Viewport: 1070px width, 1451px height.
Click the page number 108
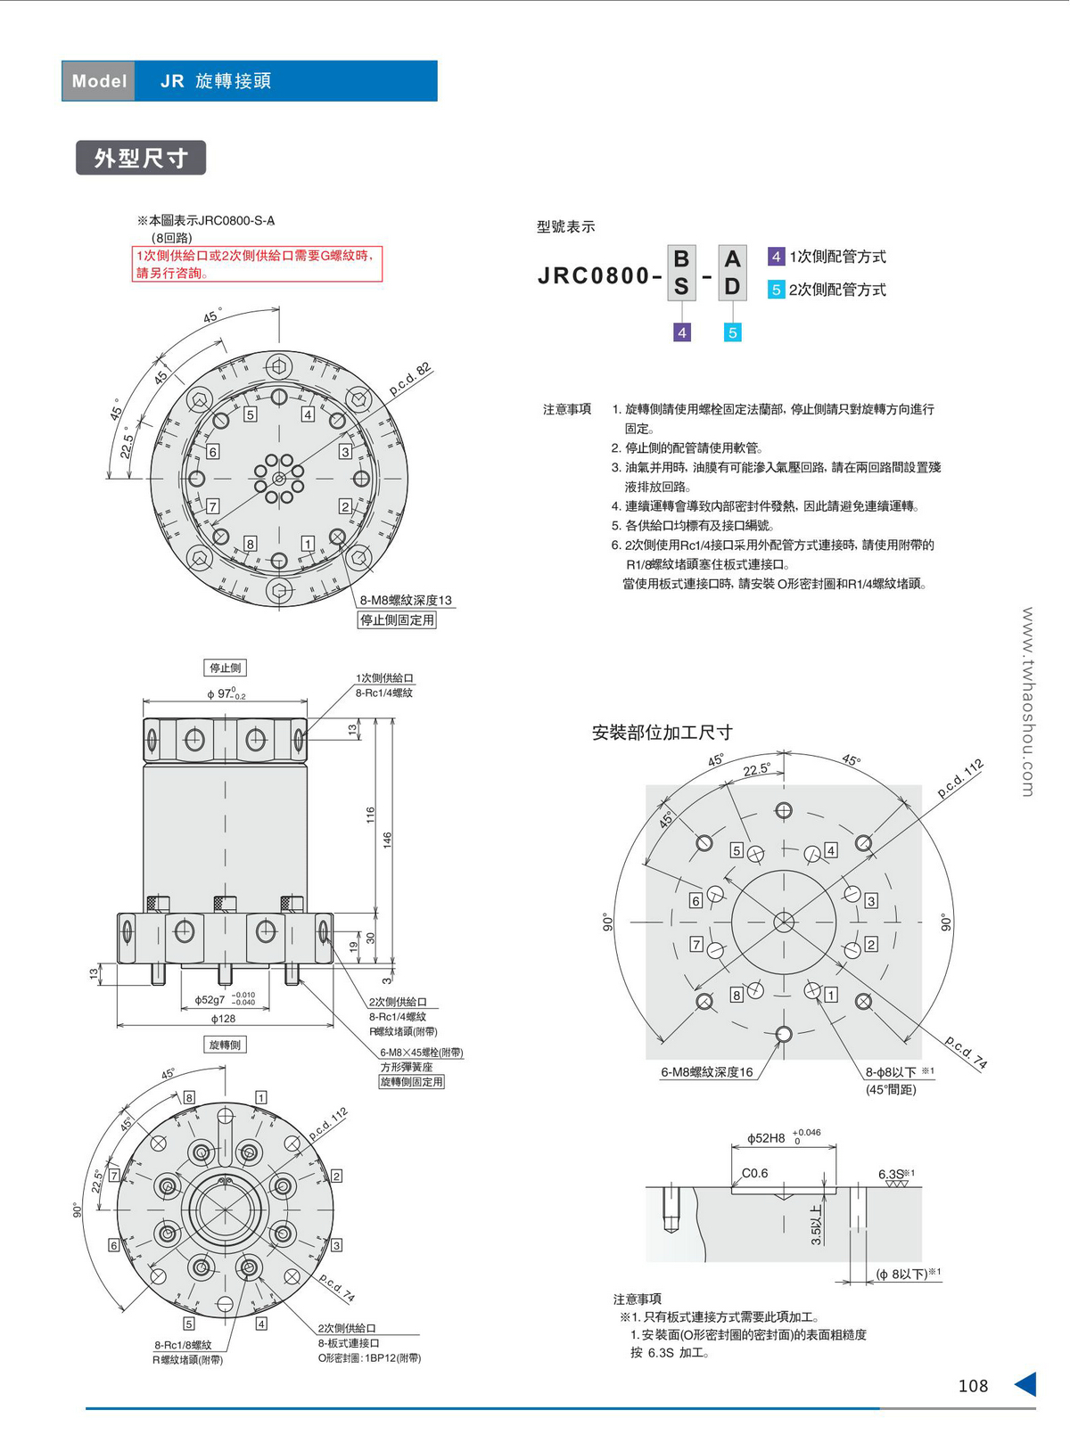(x=973, y=1386)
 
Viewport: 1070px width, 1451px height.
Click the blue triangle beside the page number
(x=1026, y=1384)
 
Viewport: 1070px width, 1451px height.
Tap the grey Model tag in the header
(x=98, y=81)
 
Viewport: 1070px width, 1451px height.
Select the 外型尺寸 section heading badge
(x=141, y=158)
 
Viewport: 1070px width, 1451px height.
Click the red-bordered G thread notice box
(x=257, y=264)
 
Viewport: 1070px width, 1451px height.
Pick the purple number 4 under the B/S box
(x=681, y=332)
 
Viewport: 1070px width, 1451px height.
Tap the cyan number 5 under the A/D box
(x=732, y=332)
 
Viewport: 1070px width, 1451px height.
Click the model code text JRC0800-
(x=600, y=276)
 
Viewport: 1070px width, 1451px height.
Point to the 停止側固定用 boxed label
(x=398, y=620)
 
